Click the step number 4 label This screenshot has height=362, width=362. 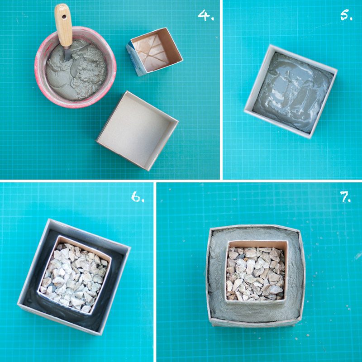click(x=206, y=15)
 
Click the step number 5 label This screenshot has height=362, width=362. click(x=346, y=15)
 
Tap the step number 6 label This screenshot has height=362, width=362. click(x=138, y=197)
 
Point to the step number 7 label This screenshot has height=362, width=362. click(x=346, y=197)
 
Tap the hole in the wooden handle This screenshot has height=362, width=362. click(x=64, y=17)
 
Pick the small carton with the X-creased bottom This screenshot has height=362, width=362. click(x=154, y=52)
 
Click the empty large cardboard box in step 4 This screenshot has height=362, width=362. click(x=137, y=131)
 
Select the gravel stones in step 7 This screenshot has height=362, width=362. click(x=255, y=274)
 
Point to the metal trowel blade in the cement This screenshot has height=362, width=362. click(x=67, y=53)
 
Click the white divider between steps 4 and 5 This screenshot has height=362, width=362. click(x=221, y=90)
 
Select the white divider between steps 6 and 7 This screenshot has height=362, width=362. click(x=155, y=272)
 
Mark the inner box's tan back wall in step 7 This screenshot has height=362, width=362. click(x=257, y=244)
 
